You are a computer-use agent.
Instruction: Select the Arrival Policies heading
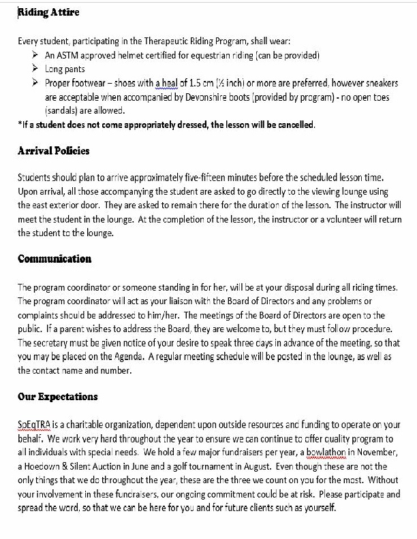point(53,150)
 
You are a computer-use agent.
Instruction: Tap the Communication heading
point(55,259)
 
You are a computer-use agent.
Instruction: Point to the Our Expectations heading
point(58,396)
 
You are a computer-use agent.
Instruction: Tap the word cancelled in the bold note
point(294,125)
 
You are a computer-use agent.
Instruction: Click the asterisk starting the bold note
point(20,125)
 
